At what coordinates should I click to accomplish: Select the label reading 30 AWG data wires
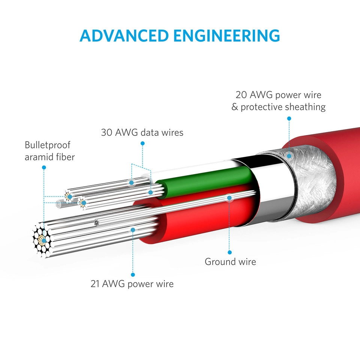(x=142, y=132)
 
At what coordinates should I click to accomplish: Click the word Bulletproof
(x=47, y=145)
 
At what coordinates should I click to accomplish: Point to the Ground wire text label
(x=230, y=262)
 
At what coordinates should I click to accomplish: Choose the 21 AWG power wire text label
(x=132, y=283)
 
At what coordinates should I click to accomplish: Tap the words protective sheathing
(x=283, y=107)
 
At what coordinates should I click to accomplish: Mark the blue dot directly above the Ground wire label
(x=230, y=252)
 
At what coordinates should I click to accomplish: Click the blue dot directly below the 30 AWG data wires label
(x=142, y=143)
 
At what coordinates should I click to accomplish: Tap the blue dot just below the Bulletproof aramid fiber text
(x=44, y=167)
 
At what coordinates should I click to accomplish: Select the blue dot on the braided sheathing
(x=289, y=155)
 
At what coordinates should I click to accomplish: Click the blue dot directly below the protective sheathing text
(x=289, y=118)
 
